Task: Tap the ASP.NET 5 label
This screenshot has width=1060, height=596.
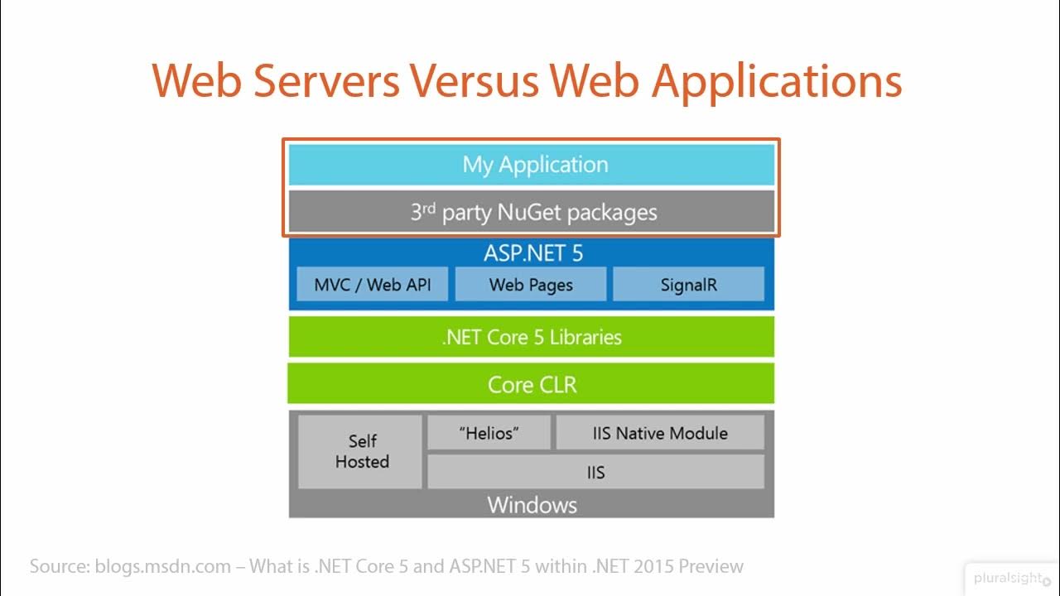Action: click(532, 253)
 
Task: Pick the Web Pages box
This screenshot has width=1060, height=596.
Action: click(530, 285)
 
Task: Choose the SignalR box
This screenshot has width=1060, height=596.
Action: click(688, 285)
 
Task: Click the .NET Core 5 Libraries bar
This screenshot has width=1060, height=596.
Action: click(531, 337)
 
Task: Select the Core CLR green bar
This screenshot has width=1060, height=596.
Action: click(531, 384)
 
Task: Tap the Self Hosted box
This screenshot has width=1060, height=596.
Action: click(361, 452)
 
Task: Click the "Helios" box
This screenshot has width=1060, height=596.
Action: click(489, 433)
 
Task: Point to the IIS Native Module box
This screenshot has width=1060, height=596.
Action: click(660, 433)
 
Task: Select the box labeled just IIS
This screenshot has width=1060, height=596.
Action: click(595, 473)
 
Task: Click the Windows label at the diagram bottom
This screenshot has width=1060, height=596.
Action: click(532, 505)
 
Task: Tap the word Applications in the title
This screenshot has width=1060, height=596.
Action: click(776, 81)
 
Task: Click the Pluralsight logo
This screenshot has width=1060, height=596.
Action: click(1011, 578)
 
